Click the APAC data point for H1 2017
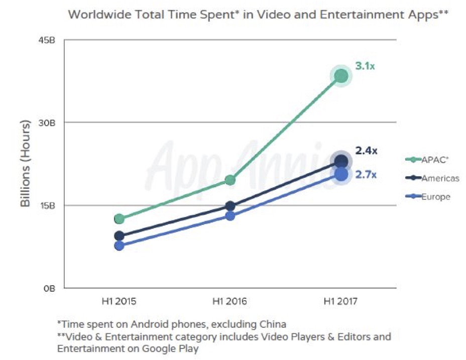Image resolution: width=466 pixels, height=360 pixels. tap(341, 76)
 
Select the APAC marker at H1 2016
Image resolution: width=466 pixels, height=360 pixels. tap(230, 180)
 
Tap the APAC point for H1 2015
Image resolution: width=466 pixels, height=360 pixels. tap(119, 219)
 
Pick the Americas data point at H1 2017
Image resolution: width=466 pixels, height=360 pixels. tap(341, 161)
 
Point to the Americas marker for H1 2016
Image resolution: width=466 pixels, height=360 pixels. tap(230, 206)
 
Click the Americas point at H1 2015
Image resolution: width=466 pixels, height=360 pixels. tap(119, 236)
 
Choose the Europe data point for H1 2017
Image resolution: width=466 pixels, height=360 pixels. tap(341, 174)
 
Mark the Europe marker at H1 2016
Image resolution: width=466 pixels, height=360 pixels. tap(230, 216)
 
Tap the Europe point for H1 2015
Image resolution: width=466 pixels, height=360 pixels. tap(119, 246)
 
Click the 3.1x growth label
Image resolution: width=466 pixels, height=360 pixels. tap(365, 66)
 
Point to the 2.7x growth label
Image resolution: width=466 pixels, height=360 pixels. tap(366, 175)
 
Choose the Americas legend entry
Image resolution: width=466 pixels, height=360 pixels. tap(432, 178)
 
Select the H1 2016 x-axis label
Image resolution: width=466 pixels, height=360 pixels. tap(229, 301)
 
